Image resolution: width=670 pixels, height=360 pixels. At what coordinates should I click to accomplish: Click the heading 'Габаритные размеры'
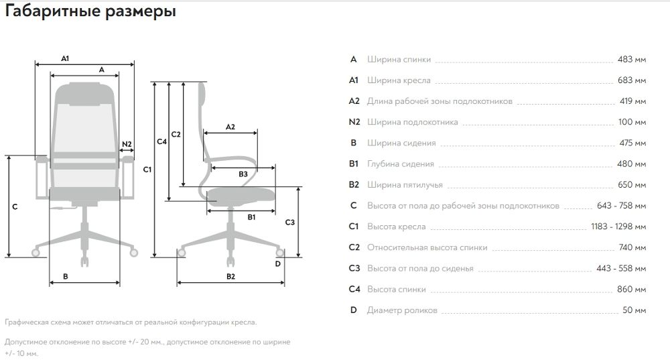[90, 13]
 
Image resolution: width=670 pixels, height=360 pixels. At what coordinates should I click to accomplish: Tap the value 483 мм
[632, 60]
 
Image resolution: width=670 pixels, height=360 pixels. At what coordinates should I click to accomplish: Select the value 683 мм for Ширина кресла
[632, 80]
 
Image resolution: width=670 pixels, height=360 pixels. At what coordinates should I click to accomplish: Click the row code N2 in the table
[354, 122]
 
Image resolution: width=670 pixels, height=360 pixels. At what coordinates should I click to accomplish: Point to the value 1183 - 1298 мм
[618, 227]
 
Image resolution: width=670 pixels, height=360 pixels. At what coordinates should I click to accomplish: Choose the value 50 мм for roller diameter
[634, 310]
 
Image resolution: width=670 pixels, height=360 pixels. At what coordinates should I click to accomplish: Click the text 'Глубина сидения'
[401, 164]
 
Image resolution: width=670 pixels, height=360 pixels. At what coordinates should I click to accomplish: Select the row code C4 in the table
[354, 290]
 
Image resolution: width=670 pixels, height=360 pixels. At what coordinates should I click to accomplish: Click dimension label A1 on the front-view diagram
[66, 59]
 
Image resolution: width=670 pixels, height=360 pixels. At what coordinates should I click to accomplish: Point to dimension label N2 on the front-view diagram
[127, 143]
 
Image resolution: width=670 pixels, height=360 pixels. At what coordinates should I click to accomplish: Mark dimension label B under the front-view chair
[66, 276]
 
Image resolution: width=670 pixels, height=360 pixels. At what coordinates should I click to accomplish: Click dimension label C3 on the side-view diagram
[290, 222]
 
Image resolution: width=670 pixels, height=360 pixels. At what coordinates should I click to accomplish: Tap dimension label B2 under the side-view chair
[230, 276]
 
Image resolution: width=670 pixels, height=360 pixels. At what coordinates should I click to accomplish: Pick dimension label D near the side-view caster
[277, 263]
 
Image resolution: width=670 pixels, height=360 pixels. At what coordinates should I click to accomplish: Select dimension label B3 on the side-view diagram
[243, 174]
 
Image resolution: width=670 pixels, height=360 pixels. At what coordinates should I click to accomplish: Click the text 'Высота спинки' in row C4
[396, 290]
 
